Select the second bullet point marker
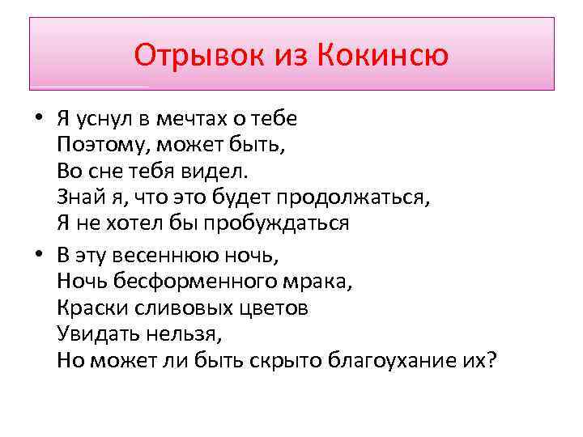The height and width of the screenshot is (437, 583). point(38,255)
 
